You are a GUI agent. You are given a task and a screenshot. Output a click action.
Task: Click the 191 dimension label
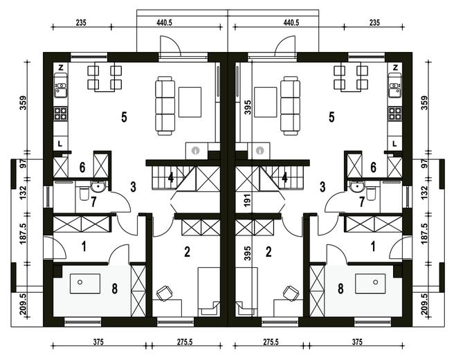click(247, 200)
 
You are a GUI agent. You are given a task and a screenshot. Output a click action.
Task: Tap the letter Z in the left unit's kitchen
click(61, 68)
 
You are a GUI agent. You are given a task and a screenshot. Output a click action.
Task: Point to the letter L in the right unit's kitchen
click(394, 143)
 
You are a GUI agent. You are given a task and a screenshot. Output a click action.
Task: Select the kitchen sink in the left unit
click(61, 87)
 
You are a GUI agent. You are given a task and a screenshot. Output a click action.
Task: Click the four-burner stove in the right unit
click(395, 114)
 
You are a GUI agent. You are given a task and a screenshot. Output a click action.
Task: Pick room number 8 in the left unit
click(115, 289)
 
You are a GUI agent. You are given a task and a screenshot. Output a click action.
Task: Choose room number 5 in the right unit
click(331, 117)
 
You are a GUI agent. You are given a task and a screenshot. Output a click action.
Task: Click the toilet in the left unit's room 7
click(84, 194)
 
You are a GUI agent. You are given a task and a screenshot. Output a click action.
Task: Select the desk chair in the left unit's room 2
click(164, 293)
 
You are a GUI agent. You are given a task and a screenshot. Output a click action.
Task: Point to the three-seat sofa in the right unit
click(290, 106)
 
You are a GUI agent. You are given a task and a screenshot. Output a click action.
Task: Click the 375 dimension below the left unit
click(98, 342)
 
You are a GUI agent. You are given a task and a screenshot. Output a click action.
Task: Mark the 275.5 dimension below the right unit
click(271, 342)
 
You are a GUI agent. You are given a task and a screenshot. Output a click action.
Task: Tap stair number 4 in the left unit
click(171, 177)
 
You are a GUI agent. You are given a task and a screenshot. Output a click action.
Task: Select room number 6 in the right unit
click(373, 168)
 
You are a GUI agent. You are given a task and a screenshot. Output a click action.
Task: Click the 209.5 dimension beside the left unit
click(24, 304)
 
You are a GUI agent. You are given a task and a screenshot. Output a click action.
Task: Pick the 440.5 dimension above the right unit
click(291, 23)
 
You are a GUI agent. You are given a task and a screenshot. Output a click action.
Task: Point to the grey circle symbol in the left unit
click(196, 150)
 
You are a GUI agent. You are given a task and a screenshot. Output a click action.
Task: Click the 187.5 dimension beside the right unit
click(425, 234)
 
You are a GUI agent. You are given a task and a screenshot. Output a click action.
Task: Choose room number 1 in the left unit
click(84, 246)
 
